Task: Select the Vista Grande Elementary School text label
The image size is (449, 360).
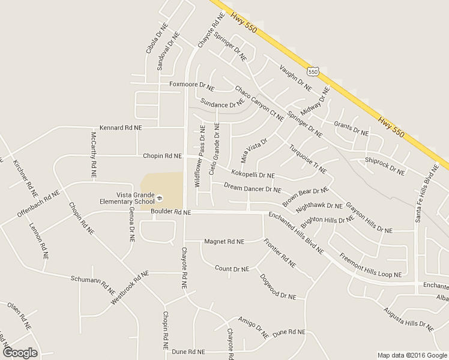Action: tap(127, 198)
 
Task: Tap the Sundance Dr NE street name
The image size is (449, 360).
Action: tap(223, 104)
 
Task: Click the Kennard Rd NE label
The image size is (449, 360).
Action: tap(121, 128)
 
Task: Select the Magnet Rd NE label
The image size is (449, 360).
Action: tap(224, 241)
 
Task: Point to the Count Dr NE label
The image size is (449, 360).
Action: tap(232, 269)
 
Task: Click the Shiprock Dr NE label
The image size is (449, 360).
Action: tap(385, 166)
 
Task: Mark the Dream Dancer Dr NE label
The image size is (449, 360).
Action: tap(252, 189)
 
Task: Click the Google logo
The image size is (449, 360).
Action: tap(20, 352)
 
